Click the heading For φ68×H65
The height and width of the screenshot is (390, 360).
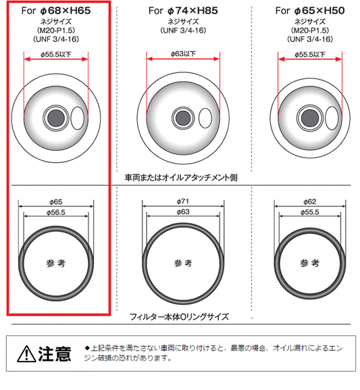pos(56,11)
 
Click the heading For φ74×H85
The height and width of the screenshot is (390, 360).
pos(183,11)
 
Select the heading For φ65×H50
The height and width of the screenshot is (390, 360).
pos(310,11)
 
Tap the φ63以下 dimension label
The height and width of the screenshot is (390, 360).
pos(183,53)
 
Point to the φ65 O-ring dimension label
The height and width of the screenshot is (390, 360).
pos(56,202)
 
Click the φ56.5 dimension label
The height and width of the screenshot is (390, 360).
pos(56,212)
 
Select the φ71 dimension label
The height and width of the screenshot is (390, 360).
pos(183,201)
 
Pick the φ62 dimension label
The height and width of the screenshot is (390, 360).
pos(310,201)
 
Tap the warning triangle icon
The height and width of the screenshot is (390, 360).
pos(26,354)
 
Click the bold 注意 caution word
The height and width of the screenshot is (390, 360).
pos(55,354)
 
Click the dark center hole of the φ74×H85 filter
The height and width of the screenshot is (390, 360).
pos(183,118)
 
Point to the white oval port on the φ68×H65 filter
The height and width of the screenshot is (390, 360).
pos(78,118)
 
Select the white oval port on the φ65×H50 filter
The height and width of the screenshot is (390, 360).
pos(332,118)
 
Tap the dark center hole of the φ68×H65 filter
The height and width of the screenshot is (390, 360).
pos(56,118)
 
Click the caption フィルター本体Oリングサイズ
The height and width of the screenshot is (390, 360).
pos(179,317)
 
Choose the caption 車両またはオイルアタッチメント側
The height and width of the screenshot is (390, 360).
pos(181,178)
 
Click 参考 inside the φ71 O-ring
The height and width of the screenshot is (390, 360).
pos(183,263)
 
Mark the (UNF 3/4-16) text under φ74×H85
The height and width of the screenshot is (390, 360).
pos(183,30)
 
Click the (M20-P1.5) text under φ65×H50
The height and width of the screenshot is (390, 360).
pos(310,30)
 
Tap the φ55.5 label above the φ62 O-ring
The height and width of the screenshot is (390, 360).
pos(310,212)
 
